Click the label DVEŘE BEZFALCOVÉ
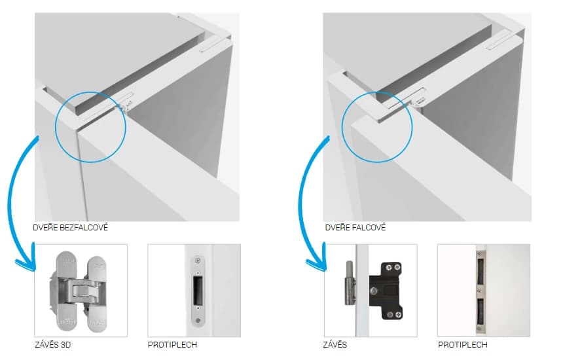click(71, 228)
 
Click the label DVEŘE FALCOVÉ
click(355, 228)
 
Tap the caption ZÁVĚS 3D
click(53, 345)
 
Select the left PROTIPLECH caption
click(172, 345)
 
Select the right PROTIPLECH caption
click(462, 345)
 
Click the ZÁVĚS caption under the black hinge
click(335, 345)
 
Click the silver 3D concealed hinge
click(77, 291)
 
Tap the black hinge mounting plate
click(386, 291)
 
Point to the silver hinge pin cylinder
click(350, 283)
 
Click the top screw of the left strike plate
click(197, 261)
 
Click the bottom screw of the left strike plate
click(197, 319)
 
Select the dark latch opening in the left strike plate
click(197, 290)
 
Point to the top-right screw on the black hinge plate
click(397, 267)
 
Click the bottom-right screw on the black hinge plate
click(398, 315)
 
